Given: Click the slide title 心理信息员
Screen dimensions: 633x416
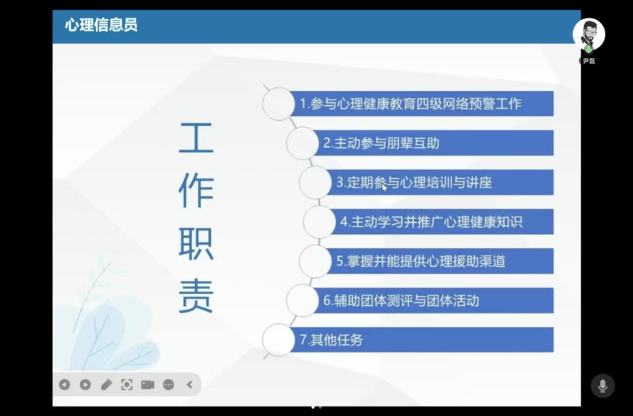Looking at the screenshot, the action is pos(101,25).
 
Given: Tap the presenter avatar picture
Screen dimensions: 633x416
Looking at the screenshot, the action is pos(588,34).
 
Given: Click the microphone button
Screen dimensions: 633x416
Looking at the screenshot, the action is pos(603,386).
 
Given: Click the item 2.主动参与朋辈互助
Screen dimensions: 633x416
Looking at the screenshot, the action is pos(381,143).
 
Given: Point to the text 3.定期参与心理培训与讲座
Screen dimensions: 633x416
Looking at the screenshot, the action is pos(414,183).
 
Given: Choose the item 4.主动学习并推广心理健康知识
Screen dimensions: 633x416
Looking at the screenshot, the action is pos(431,222).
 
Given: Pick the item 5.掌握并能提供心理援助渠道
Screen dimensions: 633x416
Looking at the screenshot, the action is pos(421,261).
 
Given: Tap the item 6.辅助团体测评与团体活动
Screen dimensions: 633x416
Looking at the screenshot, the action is pos(401,300).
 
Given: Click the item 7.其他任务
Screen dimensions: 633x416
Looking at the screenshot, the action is pos(331,340).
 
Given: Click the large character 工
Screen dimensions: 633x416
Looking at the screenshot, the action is pos(196,138).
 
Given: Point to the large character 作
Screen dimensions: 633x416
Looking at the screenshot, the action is pos(196,191).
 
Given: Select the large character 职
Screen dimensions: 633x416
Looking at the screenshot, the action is pos(196,244).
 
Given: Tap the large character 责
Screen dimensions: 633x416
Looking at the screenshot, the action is pos(196,296).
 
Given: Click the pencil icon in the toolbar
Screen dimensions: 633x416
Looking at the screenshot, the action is pos(106,385).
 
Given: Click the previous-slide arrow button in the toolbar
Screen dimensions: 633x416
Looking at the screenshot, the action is pos(64,385).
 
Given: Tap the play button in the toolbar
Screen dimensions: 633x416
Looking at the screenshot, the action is pos(85,385).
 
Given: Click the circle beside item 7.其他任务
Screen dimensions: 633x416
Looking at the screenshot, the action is pos(279,340).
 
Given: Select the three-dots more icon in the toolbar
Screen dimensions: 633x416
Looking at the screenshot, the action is pos(168,385).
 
